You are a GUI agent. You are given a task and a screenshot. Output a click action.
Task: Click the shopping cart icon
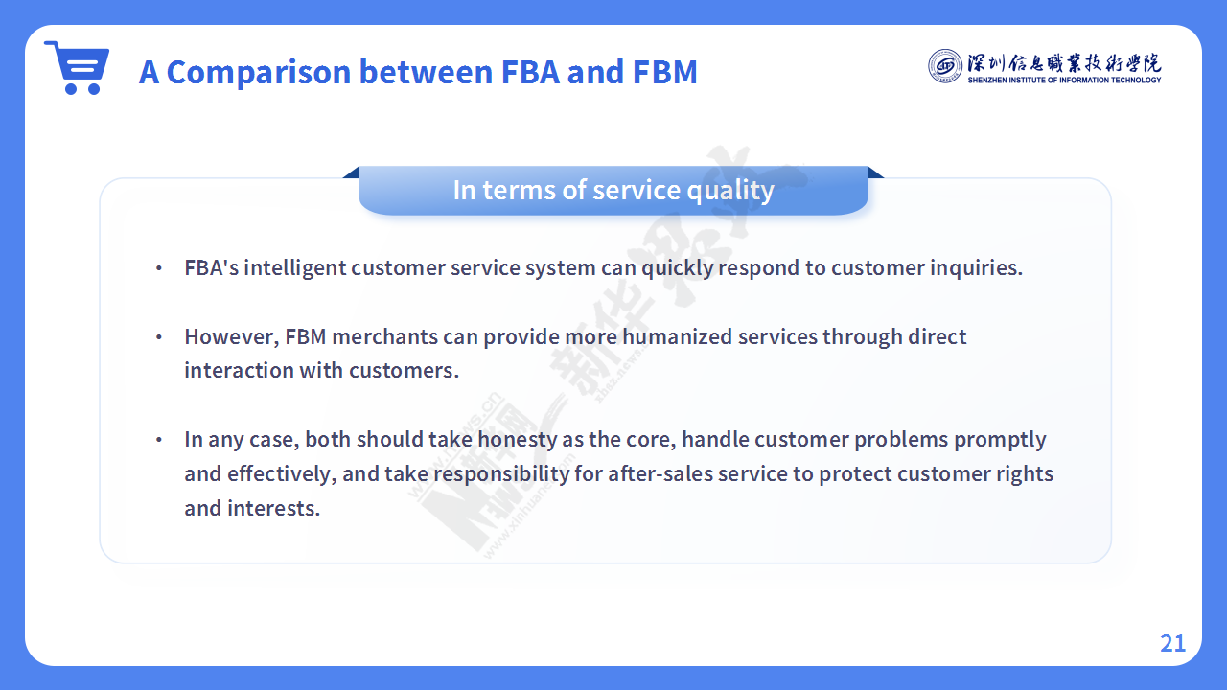[x=78, y=67]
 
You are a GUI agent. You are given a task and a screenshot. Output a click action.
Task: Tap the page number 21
[x=1172, y=643]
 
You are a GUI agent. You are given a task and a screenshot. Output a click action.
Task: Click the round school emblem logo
[x=944, y=66]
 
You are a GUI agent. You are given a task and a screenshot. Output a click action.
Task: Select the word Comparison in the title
[x=259, y=72]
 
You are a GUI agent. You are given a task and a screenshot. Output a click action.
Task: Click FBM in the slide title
[x=664, y=72]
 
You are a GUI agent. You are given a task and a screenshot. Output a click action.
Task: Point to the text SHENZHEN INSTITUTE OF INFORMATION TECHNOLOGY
[x=1064, y=80]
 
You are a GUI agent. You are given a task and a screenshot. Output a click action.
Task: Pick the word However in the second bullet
[x=232, y=336]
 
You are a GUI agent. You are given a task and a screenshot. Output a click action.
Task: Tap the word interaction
[x=239, y=371]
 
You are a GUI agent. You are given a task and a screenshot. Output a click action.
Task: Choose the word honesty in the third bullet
[x=517, y=440]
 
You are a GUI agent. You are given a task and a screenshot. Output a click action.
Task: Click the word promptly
[x=1000, y=440]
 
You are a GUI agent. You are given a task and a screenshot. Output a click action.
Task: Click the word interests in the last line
[x=273, y=509]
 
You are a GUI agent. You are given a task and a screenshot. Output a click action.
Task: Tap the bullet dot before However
[x=159, y=336]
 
